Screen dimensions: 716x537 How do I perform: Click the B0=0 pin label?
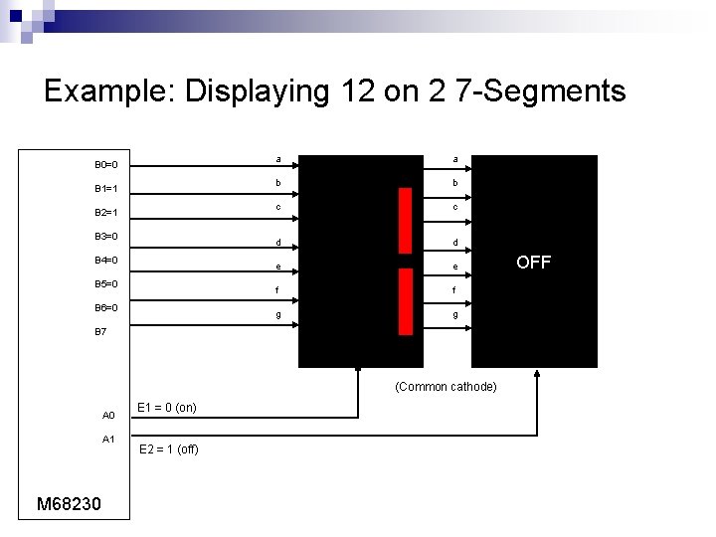click(x=106, y=165)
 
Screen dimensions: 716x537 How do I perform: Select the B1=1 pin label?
click(x=106, y=189)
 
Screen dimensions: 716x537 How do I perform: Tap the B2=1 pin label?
click(x=106, y=213)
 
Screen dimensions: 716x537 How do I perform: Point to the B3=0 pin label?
click(x=106, y=237)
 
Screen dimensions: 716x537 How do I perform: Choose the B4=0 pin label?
click(x=106, y=261)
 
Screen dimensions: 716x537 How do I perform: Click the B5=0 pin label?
click(x=106, y=284)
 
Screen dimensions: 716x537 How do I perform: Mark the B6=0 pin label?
click(x=106, y=308)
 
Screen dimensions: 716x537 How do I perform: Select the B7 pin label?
click(x=100, y=332)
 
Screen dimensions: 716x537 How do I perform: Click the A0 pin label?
click(x=109, y=416)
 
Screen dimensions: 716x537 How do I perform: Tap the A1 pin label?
click(x=109, y=440)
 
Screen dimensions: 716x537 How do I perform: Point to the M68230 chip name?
click(x=69, y=504)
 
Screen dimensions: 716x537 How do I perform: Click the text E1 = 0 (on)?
click(x=166, y=408)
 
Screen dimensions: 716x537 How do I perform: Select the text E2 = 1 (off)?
click(x=168, y=449)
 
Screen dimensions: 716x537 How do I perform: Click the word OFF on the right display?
click(x=534, y=263)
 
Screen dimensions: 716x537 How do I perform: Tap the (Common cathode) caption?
click(x=446, y=387)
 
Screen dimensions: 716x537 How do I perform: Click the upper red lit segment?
click(x=405, y=220)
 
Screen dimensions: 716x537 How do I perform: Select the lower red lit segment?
click(x=405, y=301)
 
